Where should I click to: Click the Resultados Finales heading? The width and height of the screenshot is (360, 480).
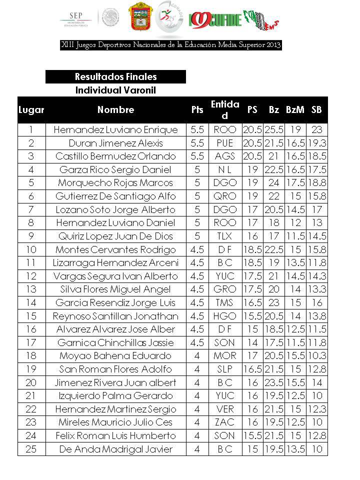(115, 76)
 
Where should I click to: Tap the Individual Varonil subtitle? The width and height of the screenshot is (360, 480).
(115, 90)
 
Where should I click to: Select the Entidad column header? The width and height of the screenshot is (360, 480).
(224, 109)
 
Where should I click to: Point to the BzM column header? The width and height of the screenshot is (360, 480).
(295, 109)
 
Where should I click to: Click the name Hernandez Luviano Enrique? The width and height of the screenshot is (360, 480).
(115, 129)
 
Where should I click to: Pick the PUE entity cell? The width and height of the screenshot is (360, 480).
(224, 143)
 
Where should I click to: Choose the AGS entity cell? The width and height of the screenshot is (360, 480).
(224, 156)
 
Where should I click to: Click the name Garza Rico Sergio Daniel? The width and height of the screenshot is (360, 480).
(115, 169)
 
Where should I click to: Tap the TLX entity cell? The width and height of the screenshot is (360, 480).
(224, 236)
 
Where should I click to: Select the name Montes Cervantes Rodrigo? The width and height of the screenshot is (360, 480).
(115, 249)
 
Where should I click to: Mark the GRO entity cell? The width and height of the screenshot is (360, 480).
(224, 289)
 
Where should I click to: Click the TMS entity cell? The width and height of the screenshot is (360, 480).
(224, 302)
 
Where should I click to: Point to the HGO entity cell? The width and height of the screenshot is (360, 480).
(224, 316)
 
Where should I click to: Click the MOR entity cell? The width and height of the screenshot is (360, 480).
(224, 356)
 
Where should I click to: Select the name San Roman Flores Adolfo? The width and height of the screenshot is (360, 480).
(115, 369)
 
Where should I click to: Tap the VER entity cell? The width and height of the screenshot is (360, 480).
(224, 409)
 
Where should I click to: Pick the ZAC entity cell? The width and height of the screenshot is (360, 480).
(224, 422)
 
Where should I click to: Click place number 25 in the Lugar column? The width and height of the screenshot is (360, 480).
(31, 449)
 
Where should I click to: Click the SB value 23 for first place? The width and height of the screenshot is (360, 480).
(316, 129)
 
